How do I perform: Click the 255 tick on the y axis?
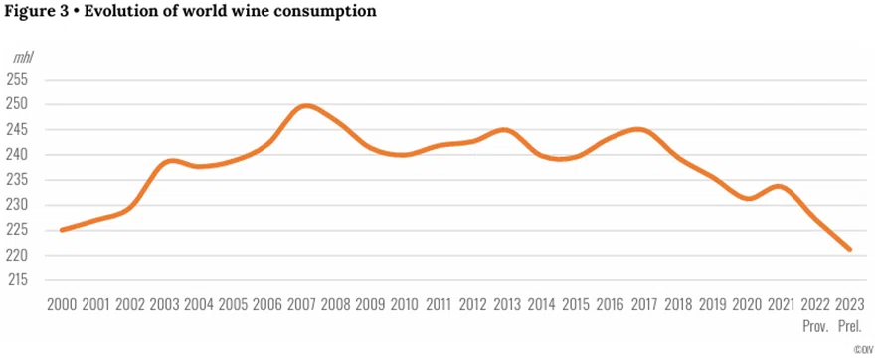point(18,80)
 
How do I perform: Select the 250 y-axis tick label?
point(18,104)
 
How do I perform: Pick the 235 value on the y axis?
point(18,180)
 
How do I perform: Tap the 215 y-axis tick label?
point(18,280)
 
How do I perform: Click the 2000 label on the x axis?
point(63,305)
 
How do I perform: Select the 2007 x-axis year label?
point(302,305)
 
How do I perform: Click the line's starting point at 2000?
point(62,230)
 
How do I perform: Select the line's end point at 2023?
point(850,249)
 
